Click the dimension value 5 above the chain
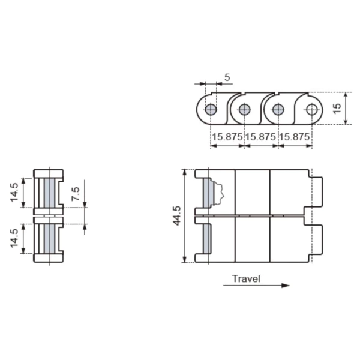coord(227,77)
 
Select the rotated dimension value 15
coord(337,109)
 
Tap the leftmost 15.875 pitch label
coord(227,137)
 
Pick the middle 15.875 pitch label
coord(260,137)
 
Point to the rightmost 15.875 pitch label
coord(294,137)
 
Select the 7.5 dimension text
coord(75,193)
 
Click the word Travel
coord(246,278)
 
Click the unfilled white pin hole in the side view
coord(311,110)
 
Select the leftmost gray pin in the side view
coord(211,110)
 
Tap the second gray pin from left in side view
coord(244,110)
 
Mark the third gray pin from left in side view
coord(278,110)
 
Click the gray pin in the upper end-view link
coord(50,193)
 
